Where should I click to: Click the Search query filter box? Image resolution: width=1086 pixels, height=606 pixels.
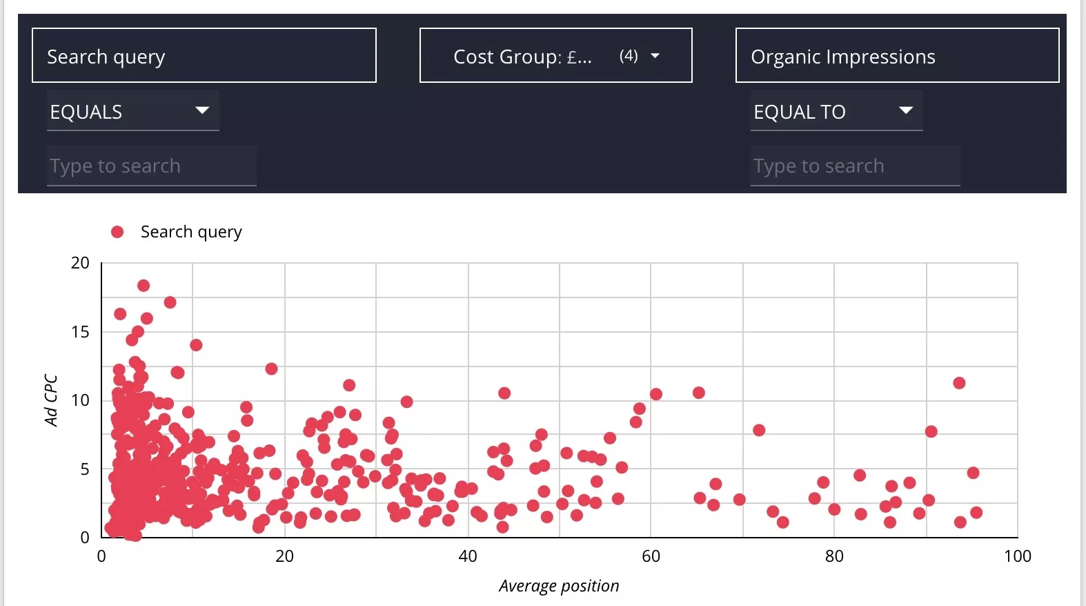(204, 56)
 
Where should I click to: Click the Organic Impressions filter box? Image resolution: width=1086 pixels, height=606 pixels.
(897, 56)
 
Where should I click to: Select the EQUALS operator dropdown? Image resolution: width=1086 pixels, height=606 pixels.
(132, 111)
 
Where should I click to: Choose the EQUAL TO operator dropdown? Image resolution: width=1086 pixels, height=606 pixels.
(836, 111)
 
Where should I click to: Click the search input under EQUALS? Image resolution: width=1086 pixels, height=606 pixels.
(152, 166)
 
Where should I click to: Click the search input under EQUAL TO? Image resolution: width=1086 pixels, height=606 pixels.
(856, 166)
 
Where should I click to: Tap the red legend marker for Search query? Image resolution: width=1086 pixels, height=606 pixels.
(117, 232)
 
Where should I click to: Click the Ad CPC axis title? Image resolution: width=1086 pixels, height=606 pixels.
(50, 400)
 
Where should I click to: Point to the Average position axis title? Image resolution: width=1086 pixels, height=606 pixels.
(559, 586)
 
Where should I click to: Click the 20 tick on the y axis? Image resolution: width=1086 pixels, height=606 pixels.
(80, 263)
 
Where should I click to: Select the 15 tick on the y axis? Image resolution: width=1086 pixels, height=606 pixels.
(80, 332)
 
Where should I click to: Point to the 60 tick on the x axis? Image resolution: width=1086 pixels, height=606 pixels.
(651, 556)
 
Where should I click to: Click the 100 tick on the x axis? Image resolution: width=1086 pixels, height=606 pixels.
(1017, 556)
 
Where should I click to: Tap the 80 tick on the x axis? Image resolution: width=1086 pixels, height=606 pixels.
(834, 556)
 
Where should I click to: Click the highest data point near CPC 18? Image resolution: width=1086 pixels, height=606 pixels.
(144, 286)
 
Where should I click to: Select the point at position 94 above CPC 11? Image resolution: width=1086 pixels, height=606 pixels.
(959, 383)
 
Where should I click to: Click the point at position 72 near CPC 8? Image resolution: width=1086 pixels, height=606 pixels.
(759, 430)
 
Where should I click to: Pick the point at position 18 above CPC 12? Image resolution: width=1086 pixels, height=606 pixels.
(271, 369)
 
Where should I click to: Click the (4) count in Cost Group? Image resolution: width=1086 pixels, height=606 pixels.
(629, 56)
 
